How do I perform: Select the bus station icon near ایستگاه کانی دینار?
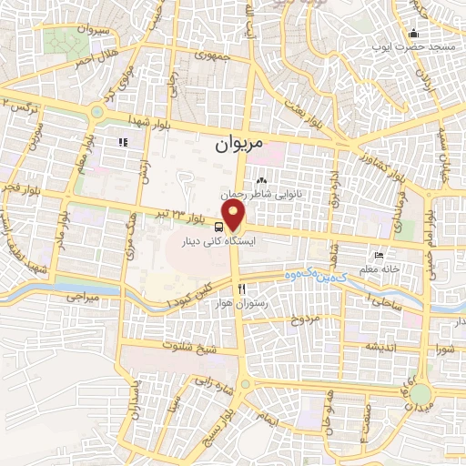[219, 227]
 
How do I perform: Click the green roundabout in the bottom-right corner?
[420, 394]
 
